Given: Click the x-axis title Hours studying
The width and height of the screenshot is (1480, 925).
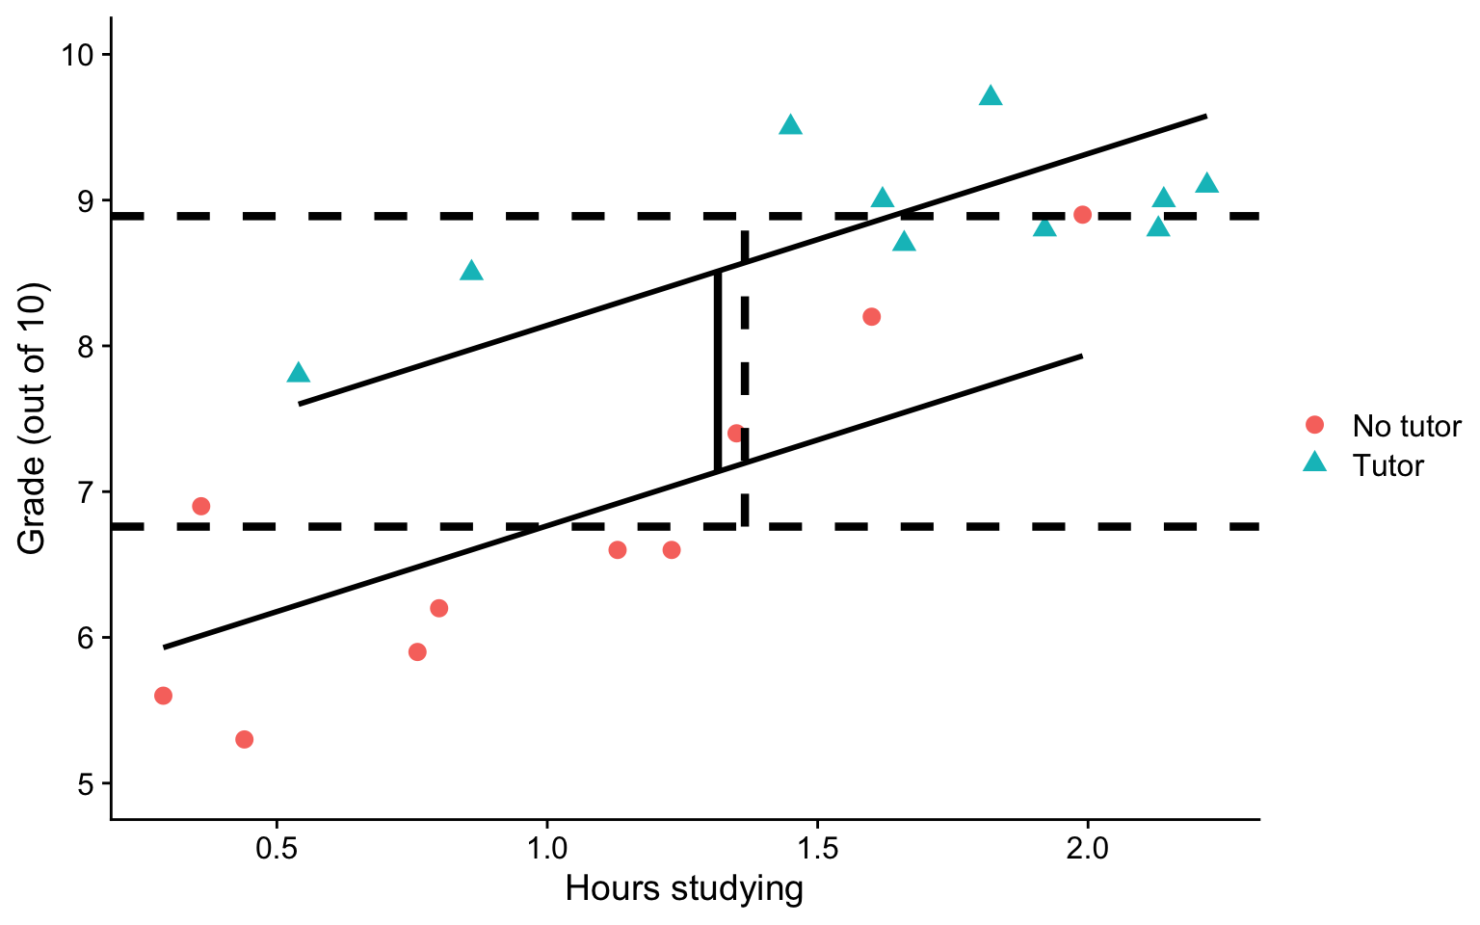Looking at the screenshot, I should coord(684,888).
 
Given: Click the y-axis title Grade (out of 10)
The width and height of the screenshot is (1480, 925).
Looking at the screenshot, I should coord(32,418).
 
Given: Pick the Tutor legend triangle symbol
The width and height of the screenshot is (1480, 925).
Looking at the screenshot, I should coord(1314,464).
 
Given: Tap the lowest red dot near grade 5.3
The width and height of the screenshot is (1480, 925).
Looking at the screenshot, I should coord(244,739).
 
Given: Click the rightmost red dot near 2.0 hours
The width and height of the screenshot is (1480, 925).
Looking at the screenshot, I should coord(1082,214).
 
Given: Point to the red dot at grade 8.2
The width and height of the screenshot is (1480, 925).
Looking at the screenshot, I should coord(872,317).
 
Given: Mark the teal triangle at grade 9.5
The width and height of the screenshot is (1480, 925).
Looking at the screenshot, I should coord(790,125).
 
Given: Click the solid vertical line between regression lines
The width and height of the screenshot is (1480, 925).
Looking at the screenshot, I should coord(718,371).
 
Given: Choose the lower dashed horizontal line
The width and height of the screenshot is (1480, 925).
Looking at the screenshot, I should coord(385,526).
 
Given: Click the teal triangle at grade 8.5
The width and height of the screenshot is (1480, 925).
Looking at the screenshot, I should coord(471,271).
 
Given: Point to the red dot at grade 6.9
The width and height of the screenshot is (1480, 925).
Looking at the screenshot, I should coord(200,506).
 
